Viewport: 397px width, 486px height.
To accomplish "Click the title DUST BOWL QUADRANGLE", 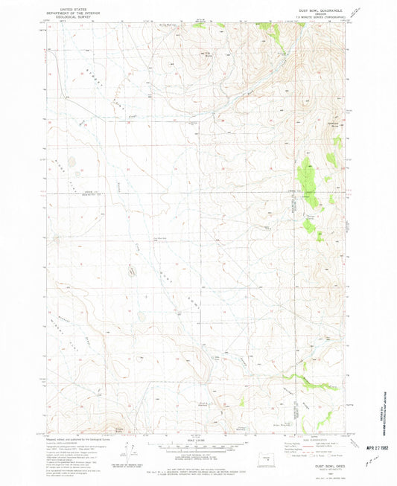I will click(308, 6).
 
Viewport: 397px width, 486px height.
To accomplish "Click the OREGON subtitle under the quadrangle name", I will click(308, 10).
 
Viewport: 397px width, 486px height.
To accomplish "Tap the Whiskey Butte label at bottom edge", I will click(119, 429).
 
